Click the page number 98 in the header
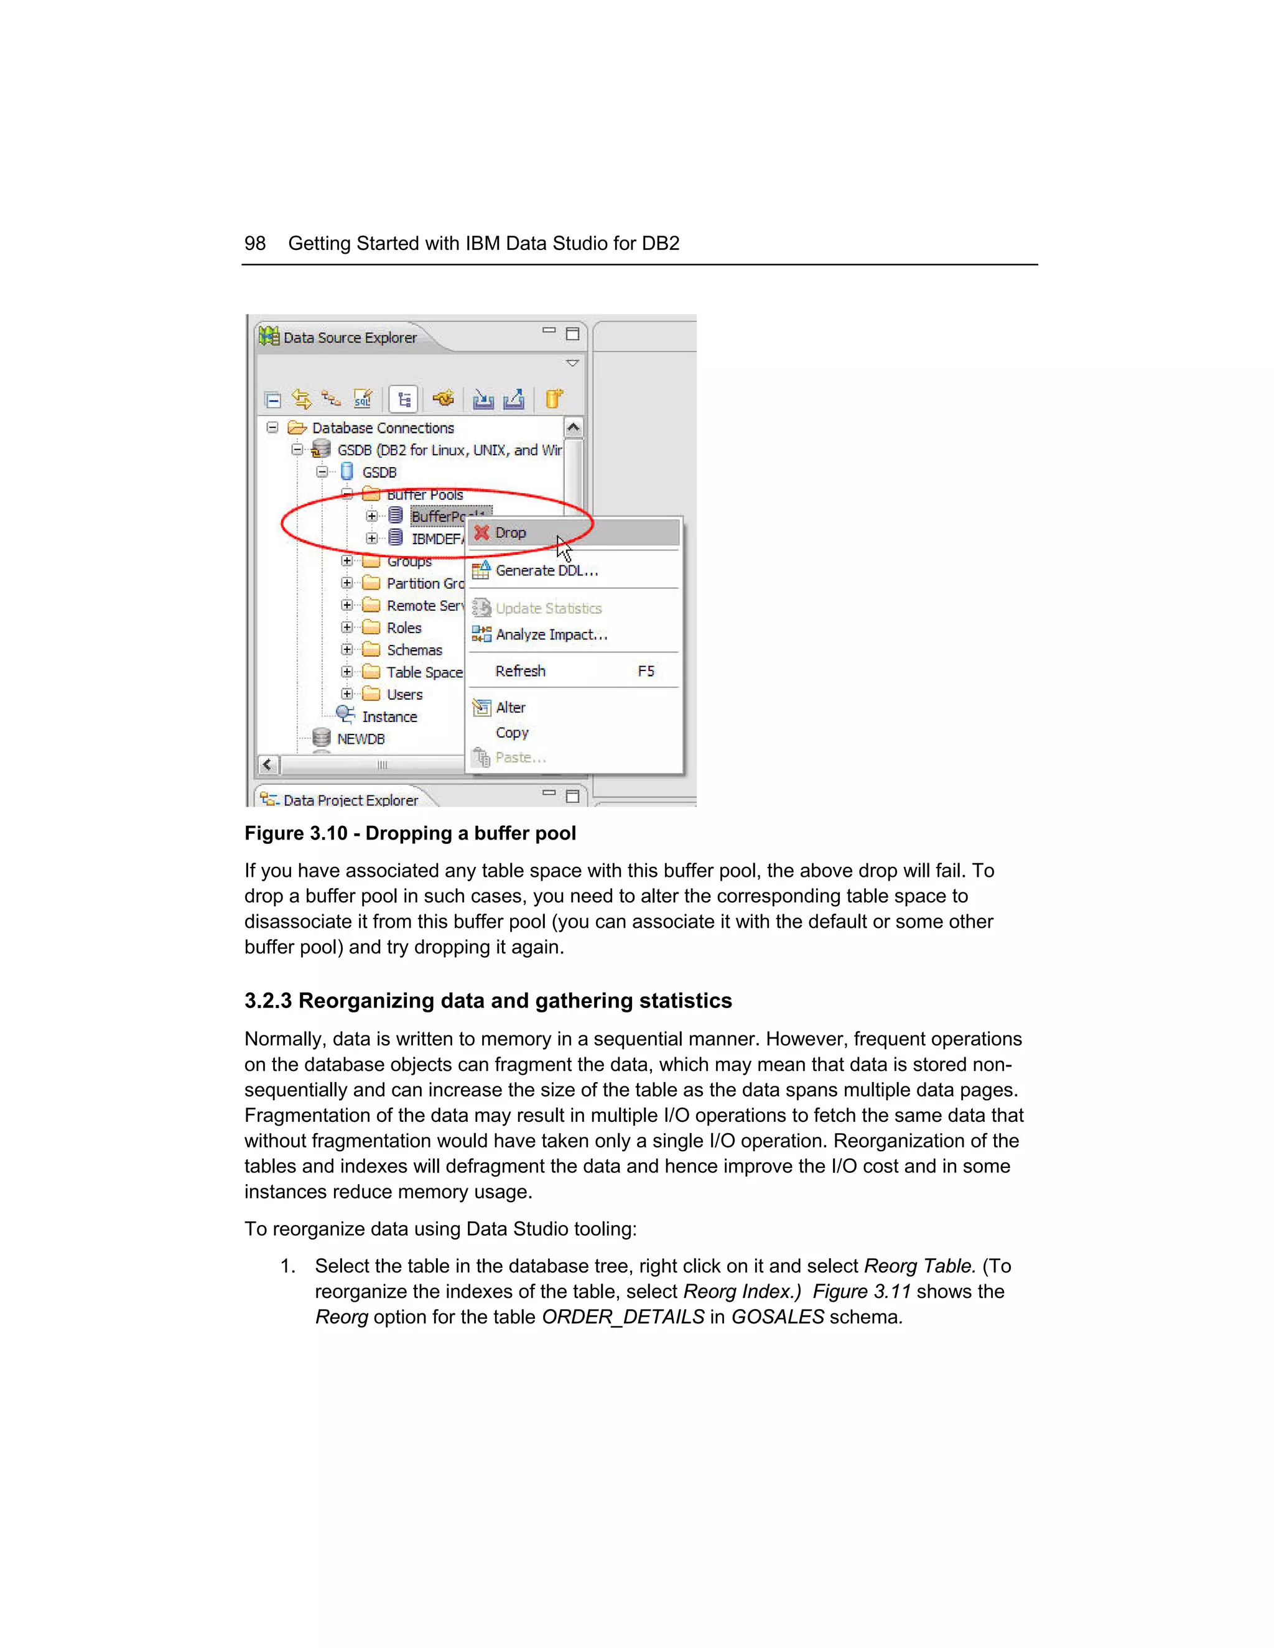point(255,244)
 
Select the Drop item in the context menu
point(510,533)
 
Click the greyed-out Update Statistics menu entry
point(548,608)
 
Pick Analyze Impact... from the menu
point(551,634)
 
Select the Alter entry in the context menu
point(510,708)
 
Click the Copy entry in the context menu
point(512,733)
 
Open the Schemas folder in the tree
point(414,650)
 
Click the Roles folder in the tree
point(404,628)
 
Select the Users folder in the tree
point(404,694)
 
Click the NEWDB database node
point(360,739)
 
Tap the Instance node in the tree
point(389,717)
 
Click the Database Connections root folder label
point(383,428)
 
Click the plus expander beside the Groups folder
point(346,561)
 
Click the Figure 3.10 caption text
point(410,833)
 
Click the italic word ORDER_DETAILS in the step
point(623,1317)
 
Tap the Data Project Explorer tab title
point(350,800)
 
